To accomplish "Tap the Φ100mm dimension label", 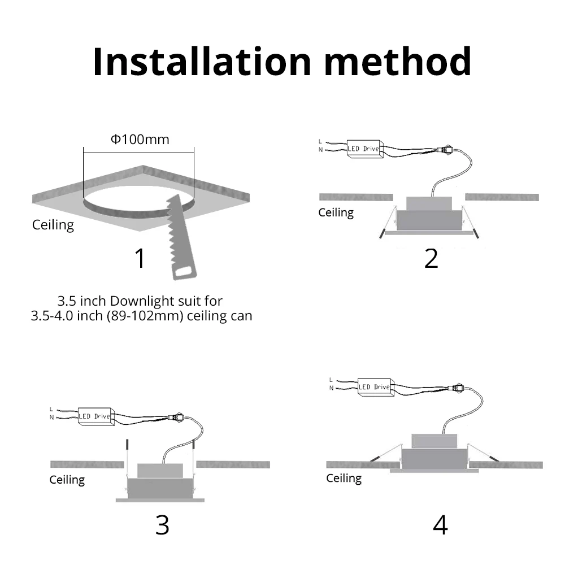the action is pos(140,139).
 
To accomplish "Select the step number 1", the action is pos(140,258).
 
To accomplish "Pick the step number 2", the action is pos(431,258).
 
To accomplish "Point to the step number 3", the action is pos(162,525).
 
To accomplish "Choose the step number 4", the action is pos(440,525).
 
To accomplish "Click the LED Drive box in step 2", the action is pos(364,149).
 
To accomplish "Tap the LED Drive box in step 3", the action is pos(96,416).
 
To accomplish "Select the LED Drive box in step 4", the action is pos(376,387).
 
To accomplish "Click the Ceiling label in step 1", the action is pos(53,225).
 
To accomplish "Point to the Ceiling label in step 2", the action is pos(336,212).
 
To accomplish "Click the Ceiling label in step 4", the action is pos(344,478).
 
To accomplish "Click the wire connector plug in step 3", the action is pos(176,418).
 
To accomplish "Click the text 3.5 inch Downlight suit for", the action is pos(140,301).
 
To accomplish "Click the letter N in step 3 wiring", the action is pos(51,418).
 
